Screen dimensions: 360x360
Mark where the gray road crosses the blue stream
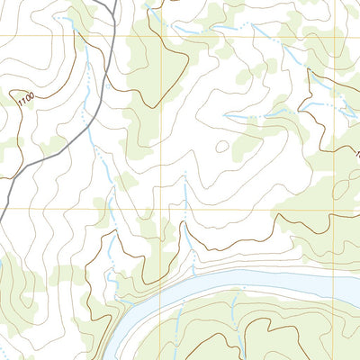pyautogui.click(x=88, y=135)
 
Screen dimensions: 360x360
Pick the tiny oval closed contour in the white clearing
pyautogui.click(x=220, y=147)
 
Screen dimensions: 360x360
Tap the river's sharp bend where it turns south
pyautogui.click(x=126, y=310)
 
